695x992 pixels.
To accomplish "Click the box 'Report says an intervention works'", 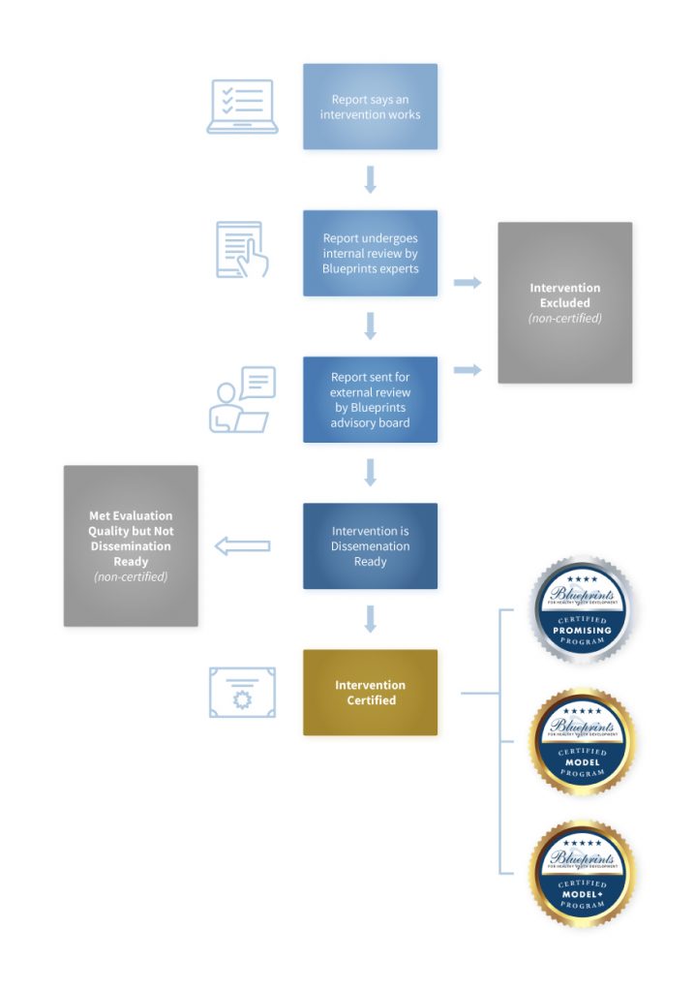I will point(370,107).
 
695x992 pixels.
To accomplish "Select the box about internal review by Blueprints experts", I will point(370,253).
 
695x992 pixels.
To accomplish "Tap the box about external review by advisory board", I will point(370,399).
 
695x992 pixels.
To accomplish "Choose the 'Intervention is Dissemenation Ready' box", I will point(370,545).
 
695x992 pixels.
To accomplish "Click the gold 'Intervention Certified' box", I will point(370,692).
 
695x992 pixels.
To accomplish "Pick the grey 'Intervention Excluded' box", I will point(564,302).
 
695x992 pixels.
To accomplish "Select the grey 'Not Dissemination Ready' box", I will point(131,545).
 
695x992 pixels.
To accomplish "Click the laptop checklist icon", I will point(242,107).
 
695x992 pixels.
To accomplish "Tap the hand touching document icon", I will point(242,251).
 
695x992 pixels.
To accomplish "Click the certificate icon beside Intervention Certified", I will point(242,692).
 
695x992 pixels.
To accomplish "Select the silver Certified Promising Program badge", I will point(581,609).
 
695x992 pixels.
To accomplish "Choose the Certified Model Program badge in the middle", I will point(581,741).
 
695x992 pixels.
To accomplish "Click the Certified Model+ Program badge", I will point(581,873).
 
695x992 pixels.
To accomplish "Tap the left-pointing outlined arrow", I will point(242,546).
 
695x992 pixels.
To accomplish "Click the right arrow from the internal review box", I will point(468,282).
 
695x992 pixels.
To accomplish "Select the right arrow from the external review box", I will point(468,370).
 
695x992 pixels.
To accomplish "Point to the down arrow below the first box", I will point(370,179).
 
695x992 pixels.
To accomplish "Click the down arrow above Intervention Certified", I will point(370,618).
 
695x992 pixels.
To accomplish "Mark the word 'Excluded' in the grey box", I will point(564,303).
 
